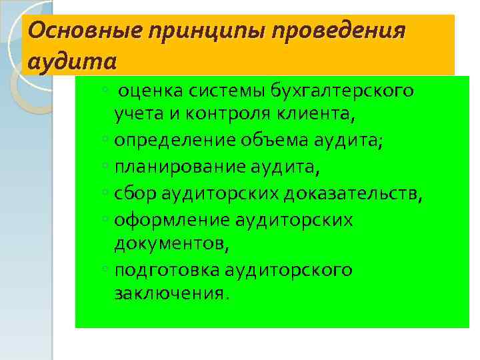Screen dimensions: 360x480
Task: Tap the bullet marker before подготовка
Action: coord(107,270)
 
